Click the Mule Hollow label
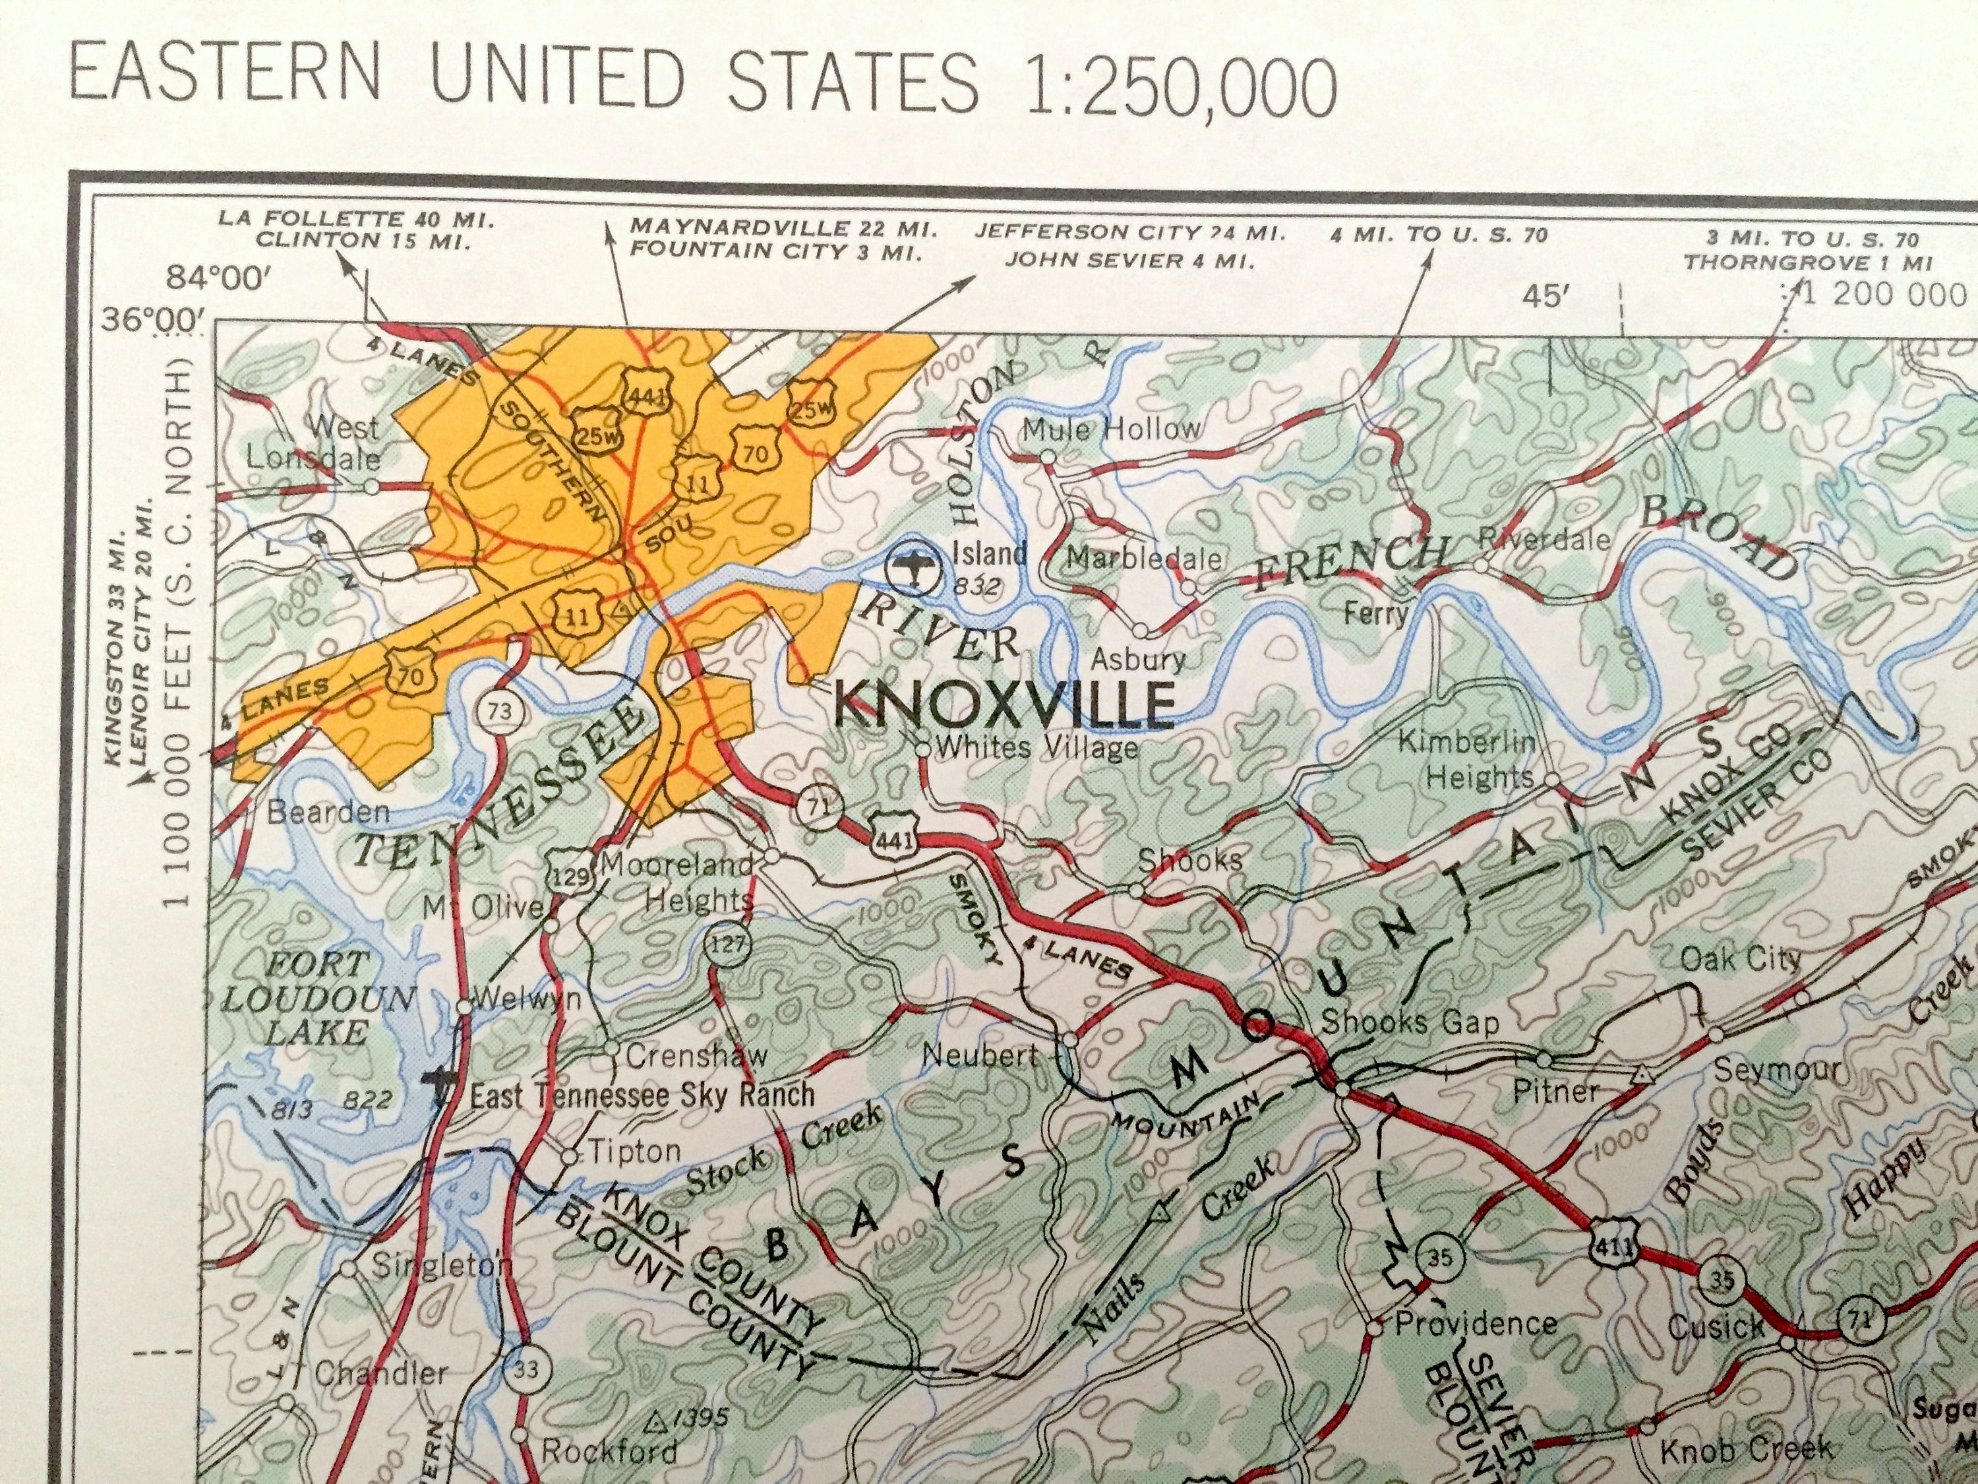[x=1112, y=429]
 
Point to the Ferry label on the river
[x=1376, y=613]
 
